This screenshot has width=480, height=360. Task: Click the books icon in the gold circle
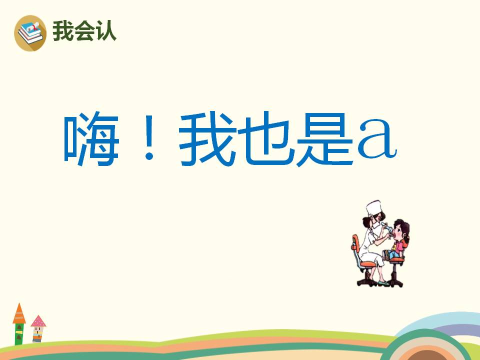pyautogui.click(x=30, y=32)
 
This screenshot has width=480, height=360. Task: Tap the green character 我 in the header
pyautogui.click(x=62, y=31)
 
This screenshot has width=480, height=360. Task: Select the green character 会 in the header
pyautogui.click(x=84, y=31)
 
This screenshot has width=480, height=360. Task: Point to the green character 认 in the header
pyautogui.click(x=105, y=31)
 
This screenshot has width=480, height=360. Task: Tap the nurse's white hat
pyautogui.click(x=374, y=206)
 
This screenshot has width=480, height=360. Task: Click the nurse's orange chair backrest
pyautogui.click(x=356, y=245)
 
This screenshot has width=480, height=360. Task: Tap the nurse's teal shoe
pyautogui.click(x=382, y=283)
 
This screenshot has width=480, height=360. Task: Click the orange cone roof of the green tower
pyautogui.click(x=19, y=314)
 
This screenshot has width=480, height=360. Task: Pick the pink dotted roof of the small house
pyautogui.click(x=38, y=321)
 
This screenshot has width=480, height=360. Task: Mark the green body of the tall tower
pyautogui.click(x=19, y=333)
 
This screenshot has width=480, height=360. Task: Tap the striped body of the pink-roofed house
pyautogui.click(x=37, y=333)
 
